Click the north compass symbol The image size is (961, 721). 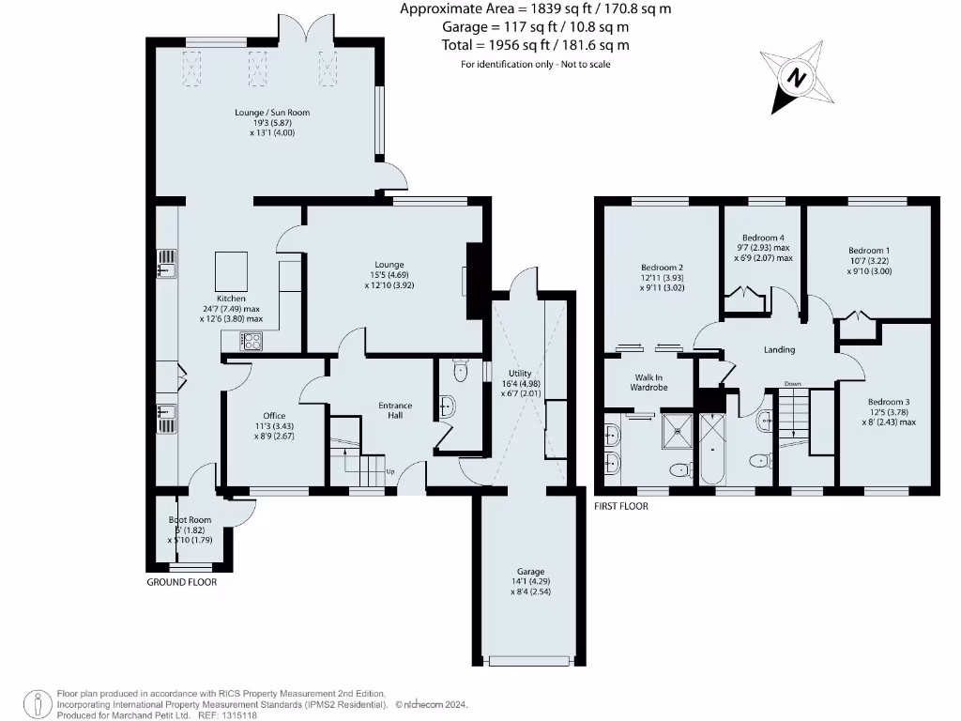pos(796,77)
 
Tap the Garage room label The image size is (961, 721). pos(530,572)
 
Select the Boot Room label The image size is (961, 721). pos(190,519)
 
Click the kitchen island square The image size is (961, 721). pos(231,270)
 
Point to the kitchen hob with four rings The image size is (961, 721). pos(252,343)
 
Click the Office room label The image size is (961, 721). pos(274,416)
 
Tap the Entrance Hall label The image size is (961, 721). pos(395,411)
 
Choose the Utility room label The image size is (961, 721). pos(520,373)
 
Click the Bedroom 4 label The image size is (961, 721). pos(763,238)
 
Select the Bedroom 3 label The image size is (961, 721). pos(887,402)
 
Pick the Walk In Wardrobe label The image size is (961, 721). pos(648,381)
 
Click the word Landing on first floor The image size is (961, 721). pos(779,349)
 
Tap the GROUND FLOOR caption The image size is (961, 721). pos(182,582)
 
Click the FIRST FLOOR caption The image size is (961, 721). pos(620,506)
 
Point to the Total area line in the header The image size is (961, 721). pos(535,44)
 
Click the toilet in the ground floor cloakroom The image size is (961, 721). pos(459,373)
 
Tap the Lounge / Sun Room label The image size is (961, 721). pos(272,113)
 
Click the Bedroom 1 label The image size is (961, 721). pos(869,251)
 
